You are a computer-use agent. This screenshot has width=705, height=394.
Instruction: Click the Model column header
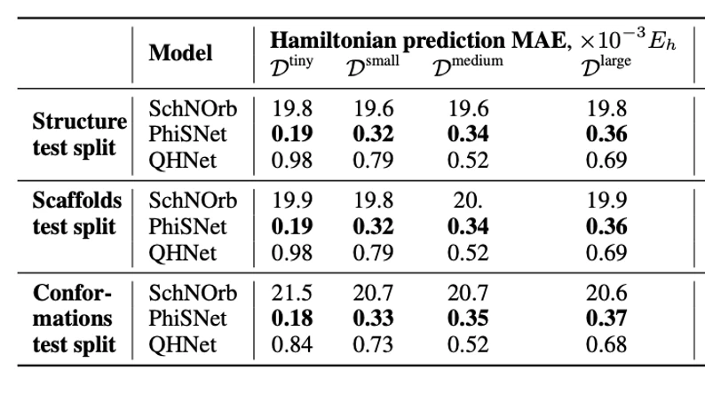[180, 53]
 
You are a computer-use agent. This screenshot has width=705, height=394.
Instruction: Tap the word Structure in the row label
[79, 121]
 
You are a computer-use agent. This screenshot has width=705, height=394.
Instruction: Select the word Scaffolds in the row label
[78, 200]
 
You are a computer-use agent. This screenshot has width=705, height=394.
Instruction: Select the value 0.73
[374, 343]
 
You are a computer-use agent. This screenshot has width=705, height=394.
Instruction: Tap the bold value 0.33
[374, 318]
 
